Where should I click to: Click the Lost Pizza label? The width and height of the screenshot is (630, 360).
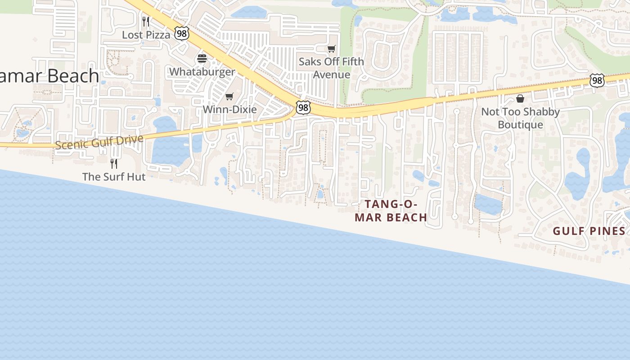[x=146, y=35]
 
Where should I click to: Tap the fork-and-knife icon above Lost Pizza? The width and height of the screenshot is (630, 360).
[x=146, y=21]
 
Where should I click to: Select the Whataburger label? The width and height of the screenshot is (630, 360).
[x=202, y=72]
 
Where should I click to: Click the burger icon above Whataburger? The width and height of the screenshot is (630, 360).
[x=202, y=58]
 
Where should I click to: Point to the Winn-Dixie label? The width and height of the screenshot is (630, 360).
[x=229, y=109]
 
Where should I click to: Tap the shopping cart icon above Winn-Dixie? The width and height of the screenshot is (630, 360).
[x=229, y=96]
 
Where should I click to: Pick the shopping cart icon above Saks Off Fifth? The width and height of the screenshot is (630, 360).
[x=332, y=49]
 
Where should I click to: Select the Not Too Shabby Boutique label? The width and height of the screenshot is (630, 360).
[x=521, y=118]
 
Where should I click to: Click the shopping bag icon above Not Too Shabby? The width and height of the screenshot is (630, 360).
[x=520, y=99]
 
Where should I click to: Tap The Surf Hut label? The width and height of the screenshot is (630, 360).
[x=114, y=177]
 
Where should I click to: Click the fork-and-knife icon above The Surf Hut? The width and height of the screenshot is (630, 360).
[x=114, y=163]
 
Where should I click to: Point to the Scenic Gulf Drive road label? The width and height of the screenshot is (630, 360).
[x=99, y=142]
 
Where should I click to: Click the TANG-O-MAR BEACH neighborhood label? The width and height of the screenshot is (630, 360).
[x=391, y=211]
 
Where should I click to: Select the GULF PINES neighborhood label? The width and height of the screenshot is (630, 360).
[x=589, y=231]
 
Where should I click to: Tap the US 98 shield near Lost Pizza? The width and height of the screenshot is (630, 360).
[x=181, y=33]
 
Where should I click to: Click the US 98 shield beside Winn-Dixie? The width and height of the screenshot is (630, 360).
[x=303, y=108]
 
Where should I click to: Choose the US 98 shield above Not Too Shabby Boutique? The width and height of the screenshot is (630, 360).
[x=597, y=81]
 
